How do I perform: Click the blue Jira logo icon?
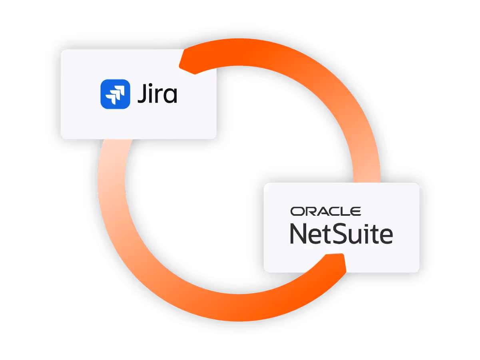tap(115, 94)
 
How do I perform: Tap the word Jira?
tap(157, 94)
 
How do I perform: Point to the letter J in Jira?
tap(142, 95)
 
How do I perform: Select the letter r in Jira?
tap(159, 97)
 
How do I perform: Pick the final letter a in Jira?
tap(170, 97)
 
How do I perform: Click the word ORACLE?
tap(326, 211)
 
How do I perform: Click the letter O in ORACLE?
tap(297, 211)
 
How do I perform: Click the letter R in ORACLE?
tap(308, 211)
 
